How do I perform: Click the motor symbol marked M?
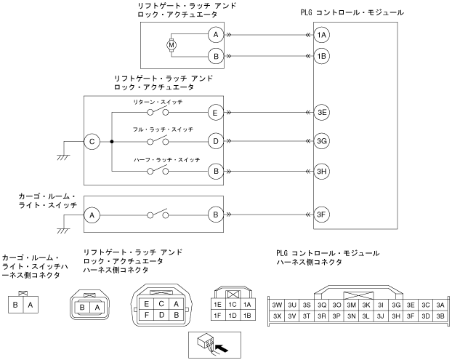171,45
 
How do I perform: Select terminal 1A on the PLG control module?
321,35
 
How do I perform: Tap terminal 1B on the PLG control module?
321,56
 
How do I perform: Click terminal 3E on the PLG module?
321,112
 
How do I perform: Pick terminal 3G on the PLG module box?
321,141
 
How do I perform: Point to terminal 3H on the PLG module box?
321,172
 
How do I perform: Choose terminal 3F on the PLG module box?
321,215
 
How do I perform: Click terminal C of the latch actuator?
92,142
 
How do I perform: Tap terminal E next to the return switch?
216,113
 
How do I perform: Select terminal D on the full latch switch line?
216,141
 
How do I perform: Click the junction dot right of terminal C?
112,142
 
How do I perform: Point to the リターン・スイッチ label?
158,102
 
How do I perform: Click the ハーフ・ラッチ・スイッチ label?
166,159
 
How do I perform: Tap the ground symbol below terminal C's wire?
63,158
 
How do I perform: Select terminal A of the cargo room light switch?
92,215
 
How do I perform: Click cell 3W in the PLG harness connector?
277,305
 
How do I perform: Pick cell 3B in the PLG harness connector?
440,316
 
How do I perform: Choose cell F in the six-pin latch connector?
147,315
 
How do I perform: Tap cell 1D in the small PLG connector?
233,316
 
